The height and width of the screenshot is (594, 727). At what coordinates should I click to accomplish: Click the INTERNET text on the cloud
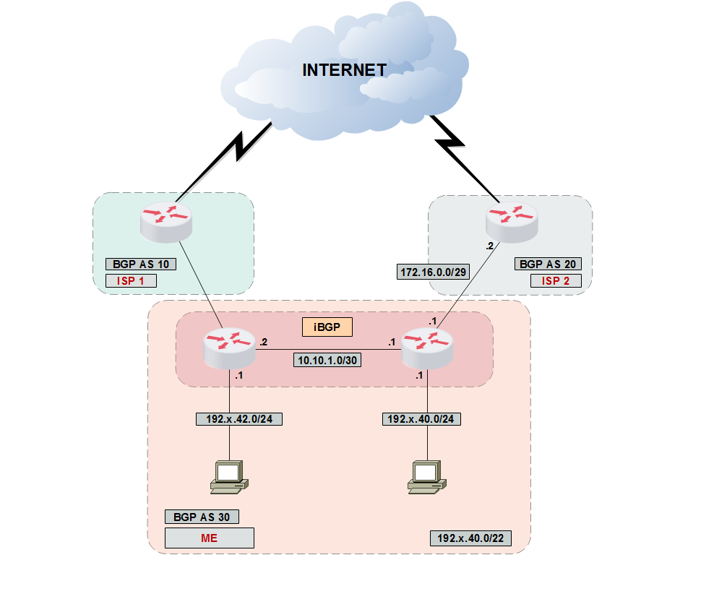pos(344,70)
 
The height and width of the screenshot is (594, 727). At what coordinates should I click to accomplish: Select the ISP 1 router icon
pos(166,220)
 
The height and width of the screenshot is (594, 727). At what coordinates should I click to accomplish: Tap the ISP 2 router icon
pos(512,220)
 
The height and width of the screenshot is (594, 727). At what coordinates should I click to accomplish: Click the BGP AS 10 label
pos(141,264)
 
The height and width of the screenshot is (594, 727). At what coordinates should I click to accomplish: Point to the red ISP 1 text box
pos(131,280)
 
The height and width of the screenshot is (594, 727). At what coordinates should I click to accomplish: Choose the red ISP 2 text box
pos(555,280)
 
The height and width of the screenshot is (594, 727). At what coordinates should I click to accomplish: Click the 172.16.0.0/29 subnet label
pos(432,272)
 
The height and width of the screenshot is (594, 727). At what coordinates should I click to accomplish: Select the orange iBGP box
pos(327,327)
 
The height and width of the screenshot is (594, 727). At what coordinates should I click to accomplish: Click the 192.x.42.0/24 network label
pos(238,418)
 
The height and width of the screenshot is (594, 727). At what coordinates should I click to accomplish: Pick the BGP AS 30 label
pos(202,517)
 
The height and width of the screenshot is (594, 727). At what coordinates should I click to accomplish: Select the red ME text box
pos(210,538)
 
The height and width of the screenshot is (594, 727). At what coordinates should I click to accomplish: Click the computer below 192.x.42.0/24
pos(228,476)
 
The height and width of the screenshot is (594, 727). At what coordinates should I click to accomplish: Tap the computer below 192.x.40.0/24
pos(426,476)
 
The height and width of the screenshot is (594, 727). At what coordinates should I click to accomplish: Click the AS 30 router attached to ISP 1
pos(229,347)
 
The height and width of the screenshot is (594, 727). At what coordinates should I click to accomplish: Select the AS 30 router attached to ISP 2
pos(427,347)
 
